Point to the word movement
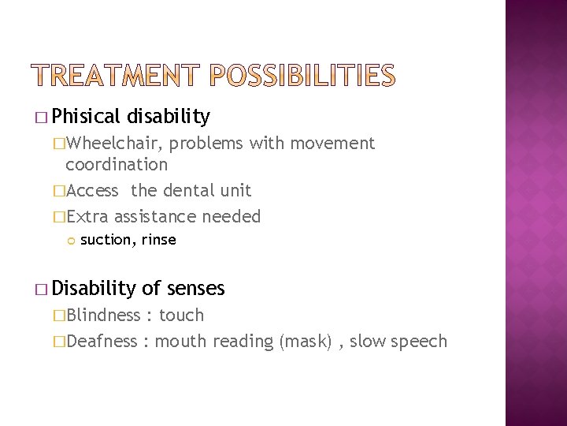coord(335,143)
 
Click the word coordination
coord(117,164)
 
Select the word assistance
coord(158,215)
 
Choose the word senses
coord(194,289)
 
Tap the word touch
coord(181,316)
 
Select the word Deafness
coord(106,341)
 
